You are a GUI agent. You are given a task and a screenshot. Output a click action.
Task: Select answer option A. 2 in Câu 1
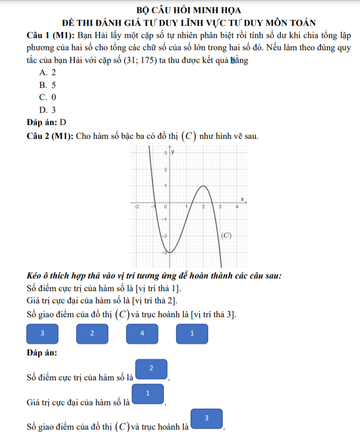click(48, 73)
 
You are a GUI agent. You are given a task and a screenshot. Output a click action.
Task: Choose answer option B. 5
click(48, 85)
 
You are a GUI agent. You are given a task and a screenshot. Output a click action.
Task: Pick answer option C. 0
click(48, 97)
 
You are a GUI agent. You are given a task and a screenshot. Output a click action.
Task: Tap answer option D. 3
click(48, 110)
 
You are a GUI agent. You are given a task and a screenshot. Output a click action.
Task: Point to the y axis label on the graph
click(173, 152)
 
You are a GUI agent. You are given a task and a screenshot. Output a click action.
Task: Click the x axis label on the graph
click(241, 198)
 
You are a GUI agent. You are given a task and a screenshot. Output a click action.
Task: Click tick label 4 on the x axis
click(236, 207)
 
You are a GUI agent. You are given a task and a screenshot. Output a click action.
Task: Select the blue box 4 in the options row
click(142, 333)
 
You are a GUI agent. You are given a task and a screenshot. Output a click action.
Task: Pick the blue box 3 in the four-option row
click(43, 333)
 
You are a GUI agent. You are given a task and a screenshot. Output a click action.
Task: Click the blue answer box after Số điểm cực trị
click(151, 369)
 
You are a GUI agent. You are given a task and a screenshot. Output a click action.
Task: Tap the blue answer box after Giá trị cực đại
click(148, 394)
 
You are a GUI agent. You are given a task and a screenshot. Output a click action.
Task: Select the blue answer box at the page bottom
click(207, 419)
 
